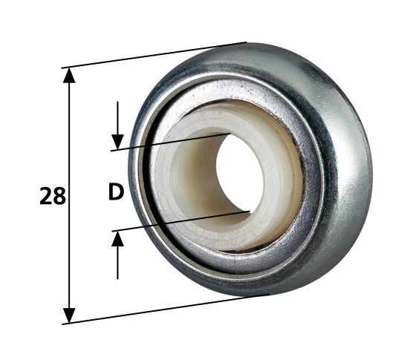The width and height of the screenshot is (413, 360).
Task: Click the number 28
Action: coord(53,196)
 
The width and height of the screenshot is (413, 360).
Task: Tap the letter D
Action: coord(115,193)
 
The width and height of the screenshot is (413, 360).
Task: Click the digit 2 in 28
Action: coord(46,196)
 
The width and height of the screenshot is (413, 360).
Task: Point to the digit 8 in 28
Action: coord(59,196)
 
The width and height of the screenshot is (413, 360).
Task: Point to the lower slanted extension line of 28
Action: coord(163,310)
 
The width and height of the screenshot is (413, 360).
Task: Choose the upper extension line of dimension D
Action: coord(171,142)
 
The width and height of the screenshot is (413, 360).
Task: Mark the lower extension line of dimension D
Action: coord(178,221)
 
